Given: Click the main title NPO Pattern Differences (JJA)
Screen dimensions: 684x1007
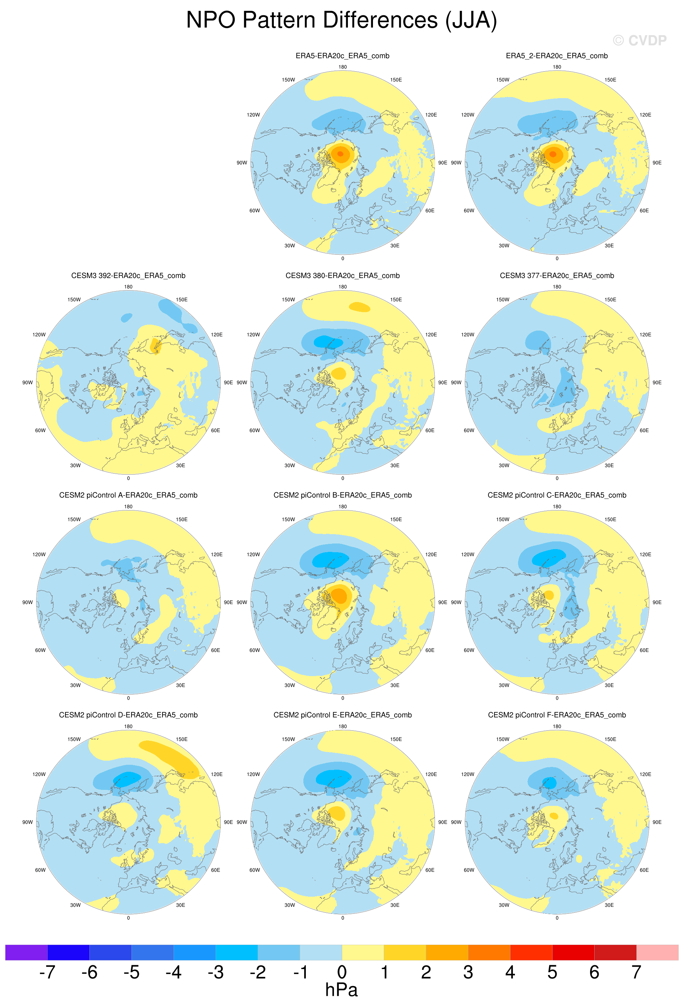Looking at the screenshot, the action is tap(341, 21).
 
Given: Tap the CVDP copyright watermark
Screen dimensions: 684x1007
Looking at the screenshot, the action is tap(639, 41).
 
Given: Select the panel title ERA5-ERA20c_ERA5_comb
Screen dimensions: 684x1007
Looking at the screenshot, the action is tap(342, 56).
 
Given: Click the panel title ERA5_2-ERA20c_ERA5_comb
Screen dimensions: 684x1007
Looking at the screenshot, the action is tap(557, 56).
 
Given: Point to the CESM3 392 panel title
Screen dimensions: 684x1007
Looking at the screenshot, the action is tap(128, 276).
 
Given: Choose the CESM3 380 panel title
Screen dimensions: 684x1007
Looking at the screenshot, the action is tap(342, 276).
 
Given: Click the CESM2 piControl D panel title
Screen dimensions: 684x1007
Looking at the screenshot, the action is tap(128, 715).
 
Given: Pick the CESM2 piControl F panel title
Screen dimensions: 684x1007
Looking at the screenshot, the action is tap(557, 715).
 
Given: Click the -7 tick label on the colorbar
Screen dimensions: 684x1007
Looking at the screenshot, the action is tap(47, 972).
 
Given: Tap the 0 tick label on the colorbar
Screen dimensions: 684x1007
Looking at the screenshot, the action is tap(342, 972).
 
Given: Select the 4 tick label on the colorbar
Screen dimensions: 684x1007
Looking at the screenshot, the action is tap(510, 972).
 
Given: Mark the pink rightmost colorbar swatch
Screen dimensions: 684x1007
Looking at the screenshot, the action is tap(657, 952).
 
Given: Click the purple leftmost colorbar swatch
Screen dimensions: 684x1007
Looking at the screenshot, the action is tap(26, 952).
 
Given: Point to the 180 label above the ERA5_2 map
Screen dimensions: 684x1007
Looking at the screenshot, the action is tap(557, 67).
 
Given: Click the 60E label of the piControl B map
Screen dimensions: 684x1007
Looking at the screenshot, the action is tap(430, 650).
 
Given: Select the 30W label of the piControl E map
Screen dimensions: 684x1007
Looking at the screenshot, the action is tap(290, 905).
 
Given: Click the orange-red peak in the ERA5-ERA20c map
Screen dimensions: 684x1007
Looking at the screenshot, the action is tap(341, 154).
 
